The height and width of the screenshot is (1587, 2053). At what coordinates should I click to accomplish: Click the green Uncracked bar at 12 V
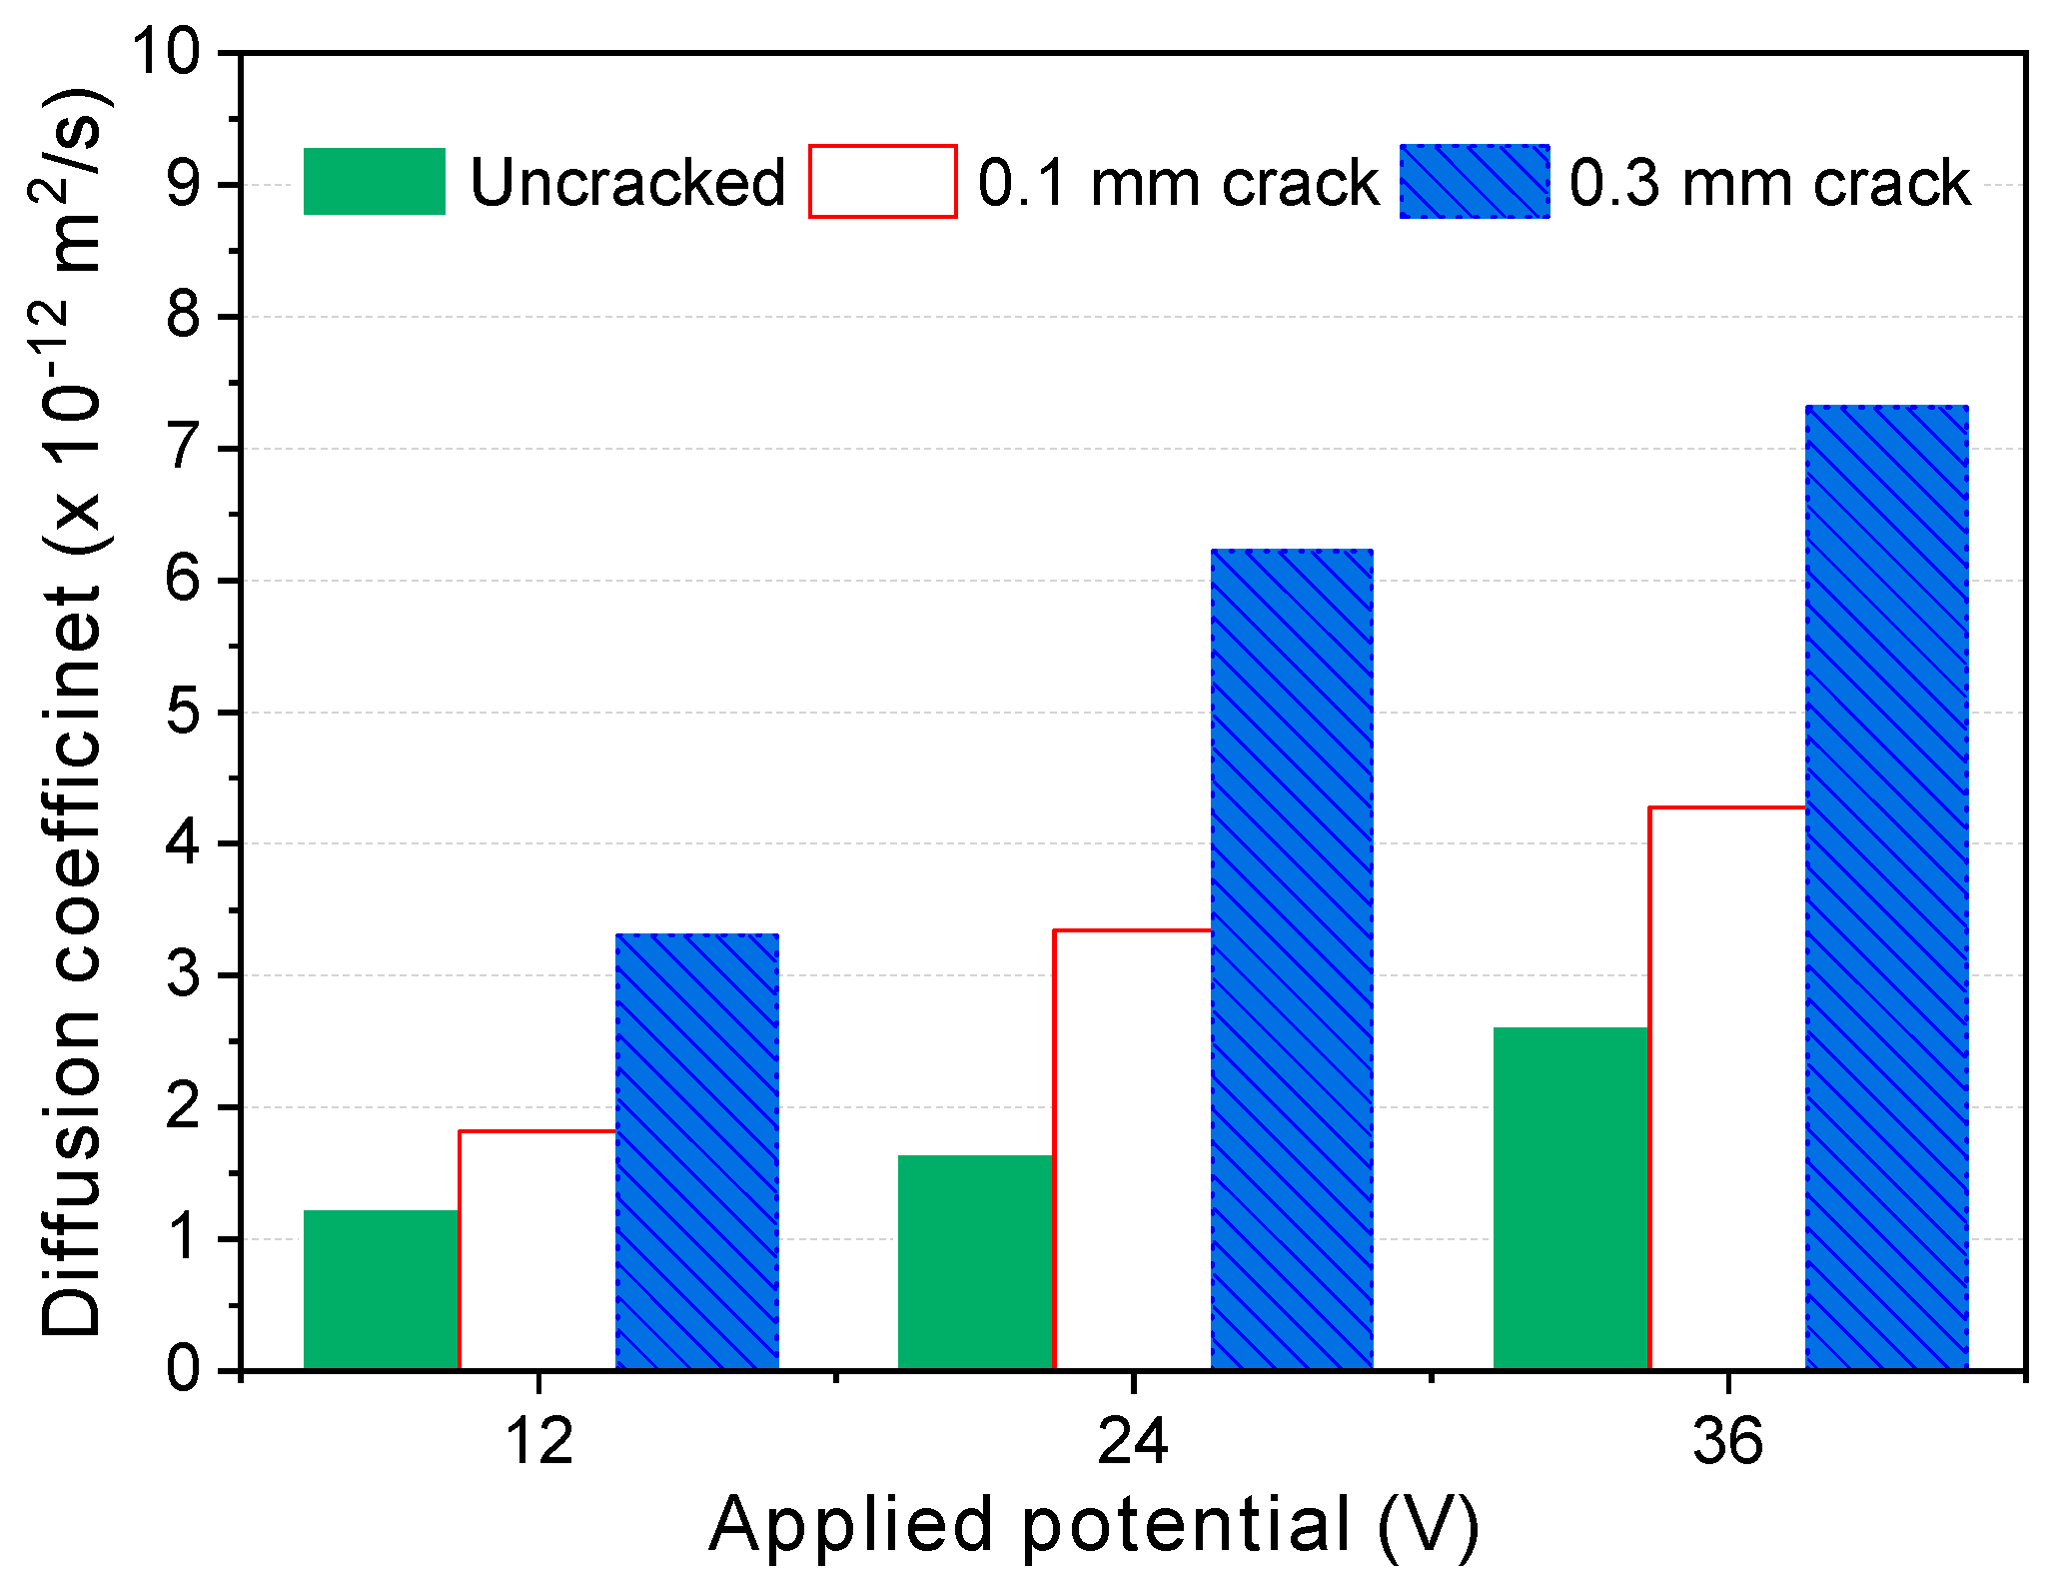(381, 1289)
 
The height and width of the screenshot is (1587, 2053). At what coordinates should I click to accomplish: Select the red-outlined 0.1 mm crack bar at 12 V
(537, 1249)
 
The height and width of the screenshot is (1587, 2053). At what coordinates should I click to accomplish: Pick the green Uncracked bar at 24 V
(975, 1261)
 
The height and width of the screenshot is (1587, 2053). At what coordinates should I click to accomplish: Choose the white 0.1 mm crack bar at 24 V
(1132, 1149)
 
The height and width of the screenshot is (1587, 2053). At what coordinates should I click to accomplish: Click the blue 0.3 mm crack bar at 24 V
(1291, 959)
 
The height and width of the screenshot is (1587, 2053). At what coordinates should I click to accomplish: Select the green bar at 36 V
(1569, 1197)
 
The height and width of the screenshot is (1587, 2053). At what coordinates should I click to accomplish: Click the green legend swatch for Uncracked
(374, 181)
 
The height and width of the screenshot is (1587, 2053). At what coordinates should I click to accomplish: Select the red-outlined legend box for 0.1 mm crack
(882, 181)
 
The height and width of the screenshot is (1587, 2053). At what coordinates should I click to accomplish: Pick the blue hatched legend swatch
(1474, 181)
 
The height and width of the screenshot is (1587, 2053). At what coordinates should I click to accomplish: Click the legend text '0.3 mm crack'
(1769, 183)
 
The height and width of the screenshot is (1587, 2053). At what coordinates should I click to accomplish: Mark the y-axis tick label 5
(184, 712)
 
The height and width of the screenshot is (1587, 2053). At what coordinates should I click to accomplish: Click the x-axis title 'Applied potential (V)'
(1094, 1526)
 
